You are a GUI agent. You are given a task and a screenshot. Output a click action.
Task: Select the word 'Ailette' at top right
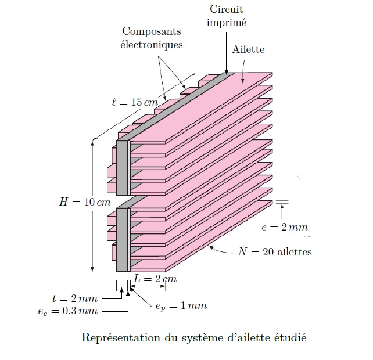coord(248,49)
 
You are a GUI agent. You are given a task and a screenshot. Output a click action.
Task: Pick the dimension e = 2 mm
coord(284,227)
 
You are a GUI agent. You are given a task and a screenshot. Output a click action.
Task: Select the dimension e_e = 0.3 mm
coord(64,311)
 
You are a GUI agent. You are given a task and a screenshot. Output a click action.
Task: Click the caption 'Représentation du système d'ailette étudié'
coord(193,337)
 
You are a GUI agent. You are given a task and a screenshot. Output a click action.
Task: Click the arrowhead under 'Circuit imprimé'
coord(225,71)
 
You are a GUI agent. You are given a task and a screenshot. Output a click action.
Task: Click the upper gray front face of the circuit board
coord(122,168)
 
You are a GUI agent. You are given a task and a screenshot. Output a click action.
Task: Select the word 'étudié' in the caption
coord(289,337)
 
